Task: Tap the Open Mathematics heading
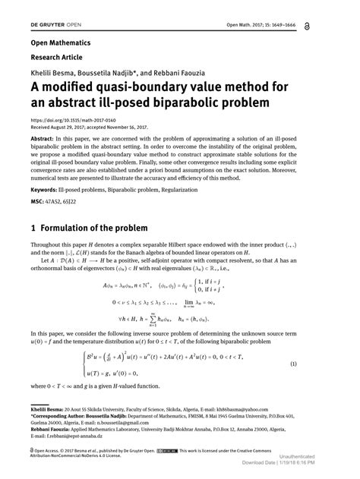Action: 60,43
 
